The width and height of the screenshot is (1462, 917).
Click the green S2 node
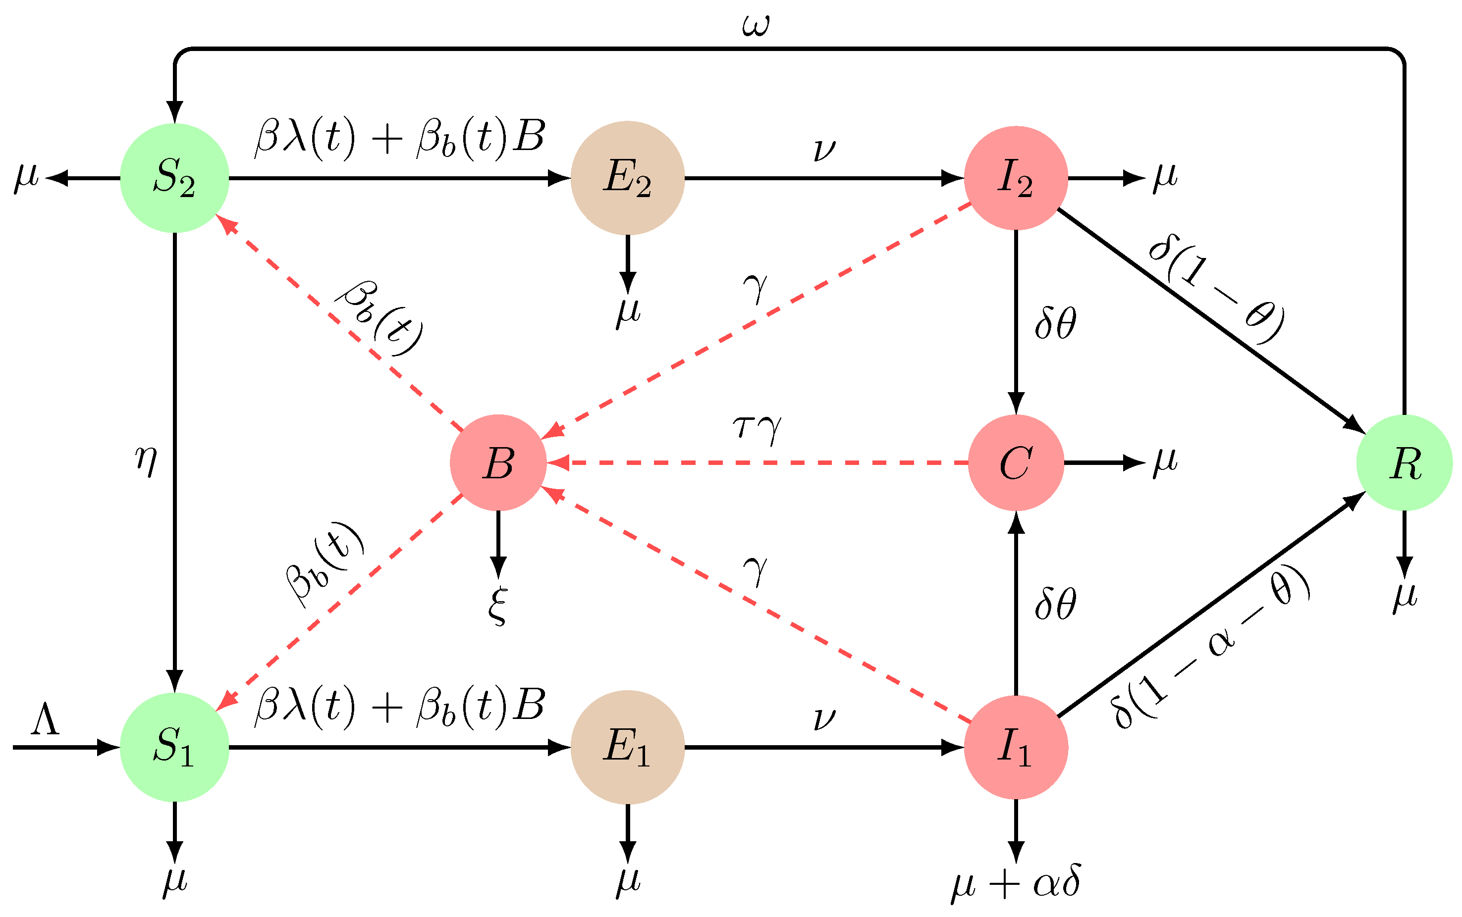[175, 178]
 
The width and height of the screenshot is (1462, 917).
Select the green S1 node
[175, 747]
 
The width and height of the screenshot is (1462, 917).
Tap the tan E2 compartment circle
[627, 178]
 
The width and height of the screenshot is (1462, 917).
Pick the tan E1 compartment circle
[627, 747]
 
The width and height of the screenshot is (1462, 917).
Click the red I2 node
[1016, 178]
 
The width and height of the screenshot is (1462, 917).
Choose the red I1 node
[1016, 747]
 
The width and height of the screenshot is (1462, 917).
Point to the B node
[498, 463]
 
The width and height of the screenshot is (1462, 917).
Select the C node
[1016, 463]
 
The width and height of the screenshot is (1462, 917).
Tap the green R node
[1405, 463]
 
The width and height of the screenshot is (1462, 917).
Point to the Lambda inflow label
[46, 720]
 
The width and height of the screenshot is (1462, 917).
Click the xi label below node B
[497, 605]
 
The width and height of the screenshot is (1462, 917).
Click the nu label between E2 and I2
[824, 149]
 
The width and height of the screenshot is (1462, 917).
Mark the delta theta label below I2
[1056, 323]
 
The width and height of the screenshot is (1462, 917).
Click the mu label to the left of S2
[27, 177]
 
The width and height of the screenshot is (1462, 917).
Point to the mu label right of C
[1165, 461]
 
